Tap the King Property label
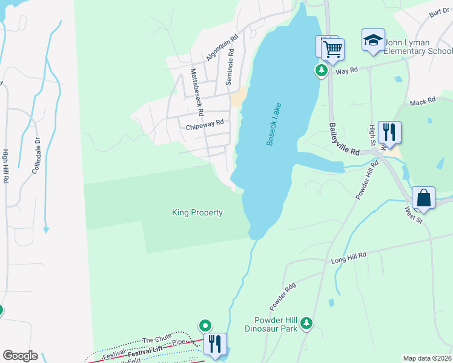pyautogui.click(x=197, y=212)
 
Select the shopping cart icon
pyautogui.click(x=332, y=50)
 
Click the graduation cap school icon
pyautogui.click(x=373, y=41)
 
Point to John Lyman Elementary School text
pyautogui.click(x=418, y=47)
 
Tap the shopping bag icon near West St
pyautogui.click(x=423, y=198)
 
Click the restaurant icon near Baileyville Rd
pyautogui.click(x=389, y=131)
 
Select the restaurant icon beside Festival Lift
pyautogui.click(x=215, y=344)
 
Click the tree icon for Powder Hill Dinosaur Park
pyautogui.click(x=307, y=323)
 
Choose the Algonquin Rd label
pyautogui.click(x=222, y=46)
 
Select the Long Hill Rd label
pyautogui.click(x=349, y=259)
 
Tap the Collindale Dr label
pyautogui.click(x=37, y=155)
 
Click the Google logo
pyautogui.click(x=20, y=356)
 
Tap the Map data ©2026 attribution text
pyautogui.click(x=427, y=358)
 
